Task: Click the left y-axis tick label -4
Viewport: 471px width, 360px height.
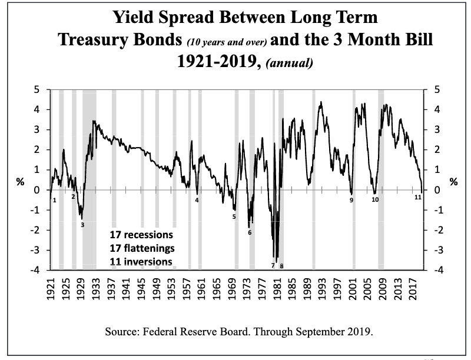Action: point(37,271)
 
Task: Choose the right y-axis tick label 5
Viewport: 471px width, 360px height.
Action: point(436,90)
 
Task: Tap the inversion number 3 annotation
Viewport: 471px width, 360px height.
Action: point(82,225)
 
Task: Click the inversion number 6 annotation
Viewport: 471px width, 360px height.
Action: point(250,232)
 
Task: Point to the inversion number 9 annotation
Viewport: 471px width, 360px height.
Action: point(351,201)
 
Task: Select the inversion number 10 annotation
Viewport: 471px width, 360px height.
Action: point(375,201)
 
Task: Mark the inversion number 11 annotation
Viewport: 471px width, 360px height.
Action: point(417,197)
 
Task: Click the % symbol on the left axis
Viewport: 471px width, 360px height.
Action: point(20,182)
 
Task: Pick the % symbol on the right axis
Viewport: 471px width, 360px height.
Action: point(453,182)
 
